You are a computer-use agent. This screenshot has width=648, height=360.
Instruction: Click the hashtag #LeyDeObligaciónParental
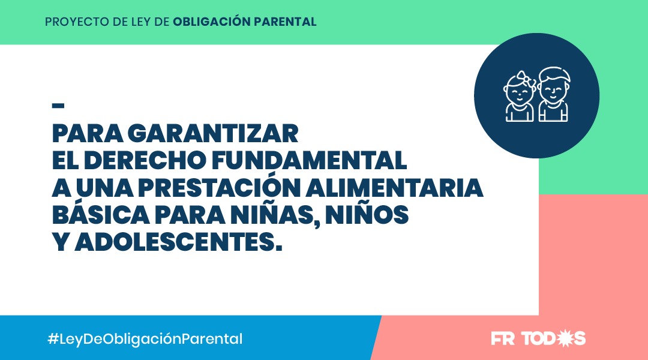tap(145, 338)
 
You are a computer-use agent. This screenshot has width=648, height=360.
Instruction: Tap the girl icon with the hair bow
tap(520, 97)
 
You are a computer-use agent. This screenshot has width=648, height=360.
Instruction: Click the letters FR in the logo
tap(503, 338)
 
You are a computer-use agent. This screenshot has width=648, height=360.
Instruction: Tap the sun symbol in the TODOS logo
tap(565, 338)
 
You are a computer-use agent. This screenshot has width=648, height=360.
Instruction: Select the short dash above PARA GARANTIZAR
tap(58, 106)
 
